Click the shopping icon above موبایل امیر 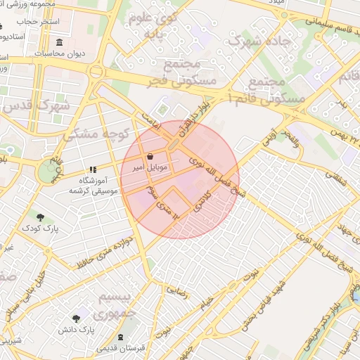(151, 156)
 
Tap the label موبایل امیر (150, 168)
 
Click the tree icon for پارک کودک (40, 217)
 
